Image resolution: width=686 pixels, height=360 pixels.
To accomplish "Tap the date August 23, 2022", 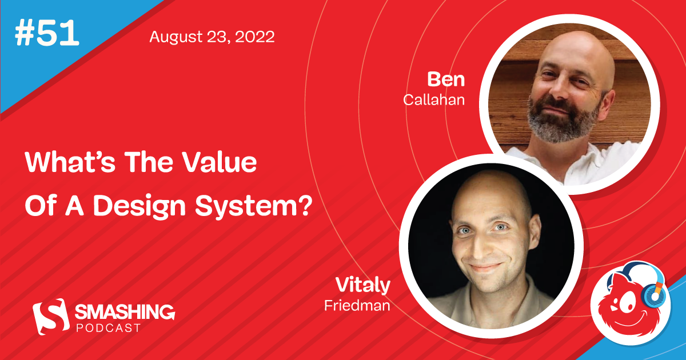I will click(212, 38).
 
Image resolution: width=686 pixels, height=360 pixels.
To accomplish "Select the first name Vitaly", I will click(363, 286).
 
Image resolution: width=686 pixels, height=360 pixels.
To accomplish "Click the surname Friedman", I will click(357, 305).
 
